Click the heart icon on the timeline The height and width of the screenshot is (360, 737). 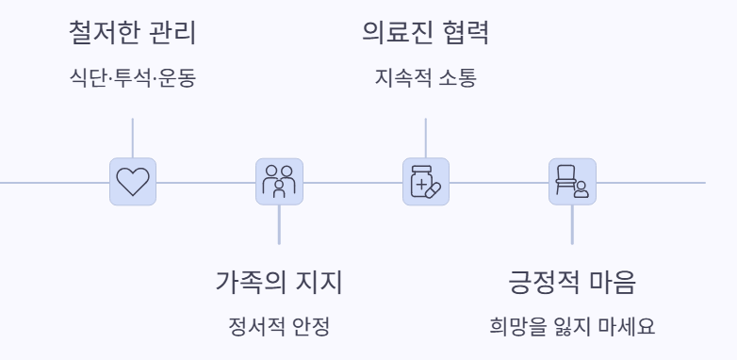(132, 181)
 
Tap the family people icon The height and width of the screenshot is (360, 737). (279, 181)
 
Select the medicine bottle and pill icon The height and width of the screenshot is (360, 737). (426, 181)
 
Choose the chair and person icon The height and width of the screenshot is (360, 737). (572, 181)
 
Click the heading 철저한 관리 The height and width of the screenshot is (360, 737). (132, 35)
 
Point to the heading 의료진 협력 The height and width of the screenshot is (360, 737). (425, 35)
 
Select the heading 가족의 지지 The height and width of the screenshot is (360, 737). (279, 284)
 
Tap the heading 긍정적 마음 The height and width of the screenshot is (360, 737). (572, 284)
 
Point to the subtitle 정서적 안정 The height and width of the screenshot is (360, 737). (279, 328)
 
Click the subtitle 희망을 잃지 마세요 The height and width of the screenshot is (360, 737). (572, 328)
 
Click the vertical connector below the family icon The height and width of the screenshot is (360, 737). (279, 225)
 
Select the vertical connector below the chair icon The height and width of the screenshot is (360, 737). (572, 225)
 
